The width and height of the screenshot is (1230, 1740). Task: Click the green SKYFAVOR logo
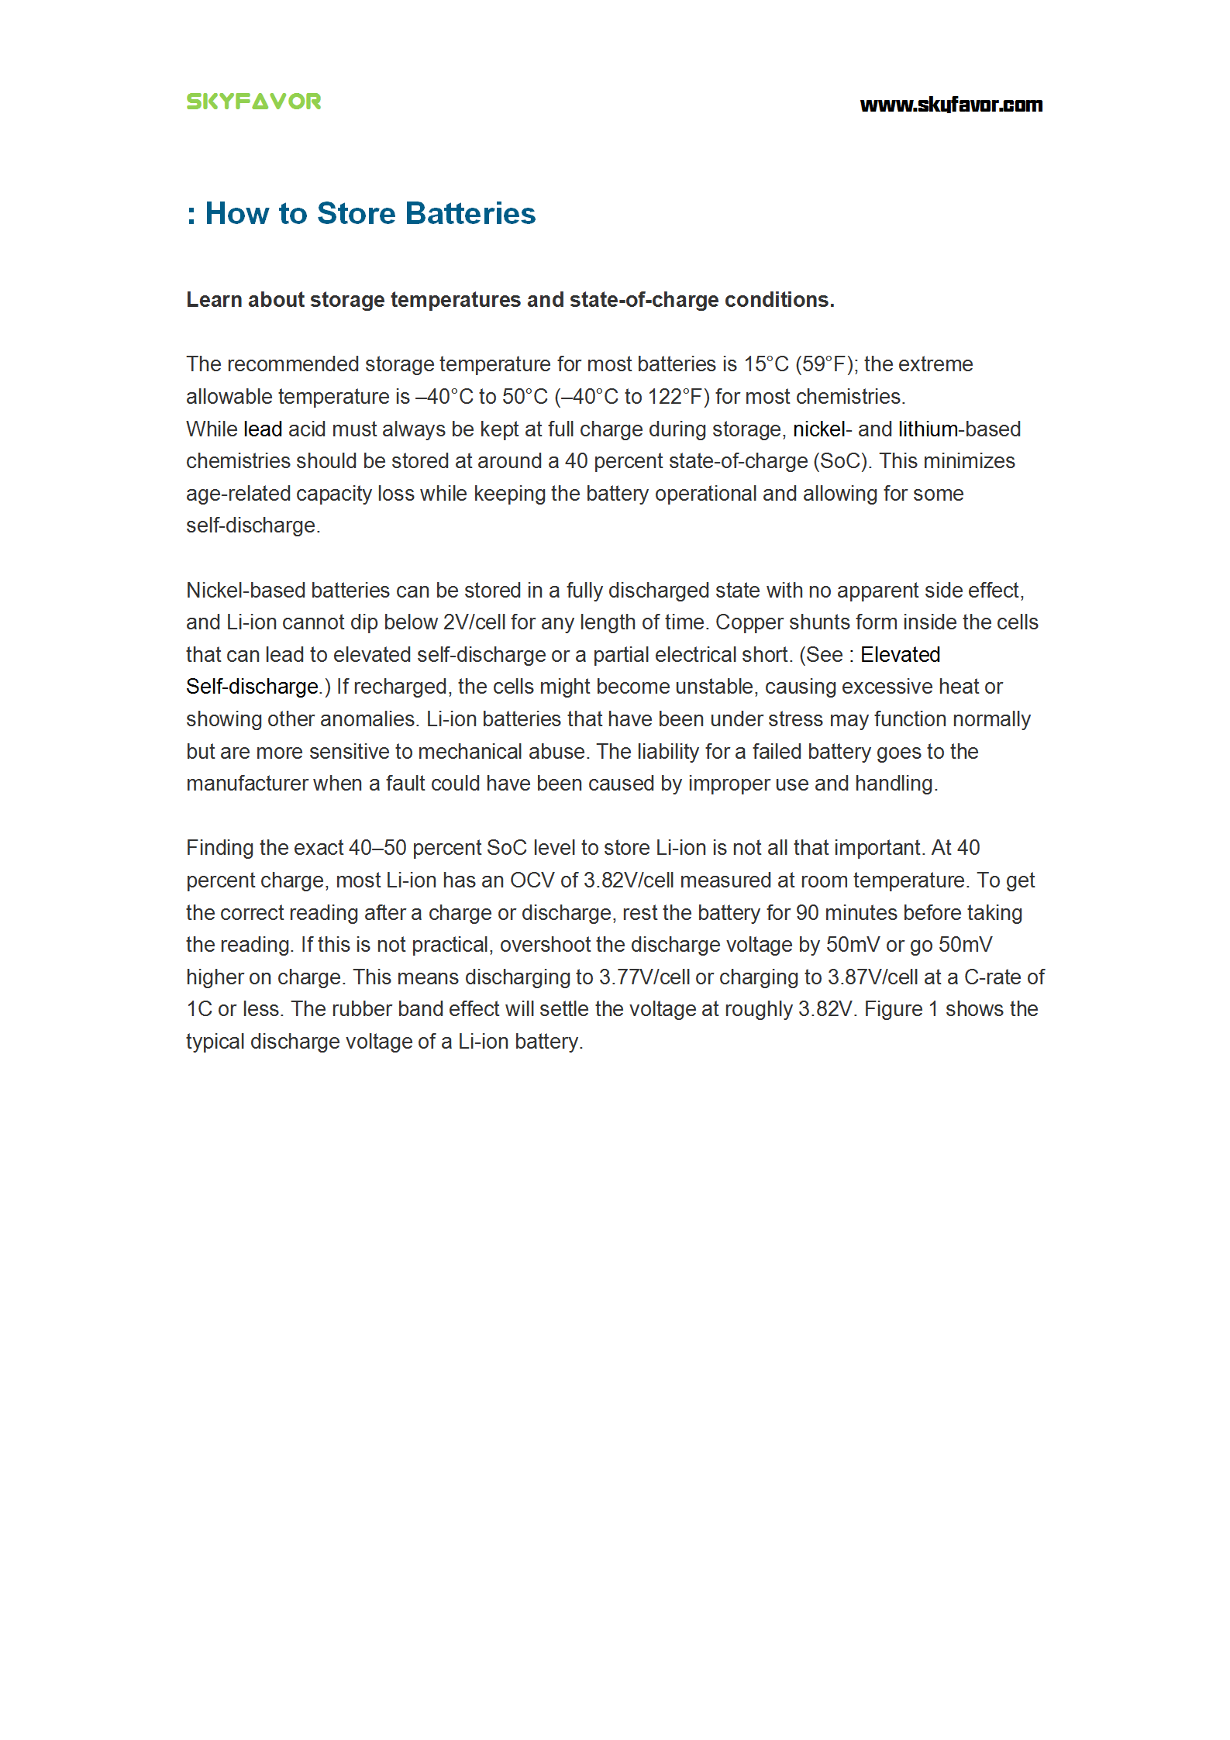click(253, 102)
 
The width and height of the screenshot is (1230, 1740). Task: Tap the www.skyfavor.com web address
click(951, 105)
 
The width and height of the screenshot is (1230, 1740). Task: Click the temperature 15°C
click(766, 364)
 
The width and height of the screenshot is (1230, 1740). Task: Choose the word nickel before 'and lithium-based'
click(818, 429)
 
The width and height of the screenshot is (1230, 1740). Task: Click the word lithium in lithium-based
click(928, 429)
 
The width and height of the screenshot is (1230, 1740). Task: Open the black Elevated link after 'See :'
click(900, 655)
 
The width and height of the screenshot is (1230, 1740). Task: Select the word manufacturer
click(247, 784)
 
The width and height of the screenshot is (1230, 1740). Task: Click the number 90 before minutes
click(807, 913)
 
